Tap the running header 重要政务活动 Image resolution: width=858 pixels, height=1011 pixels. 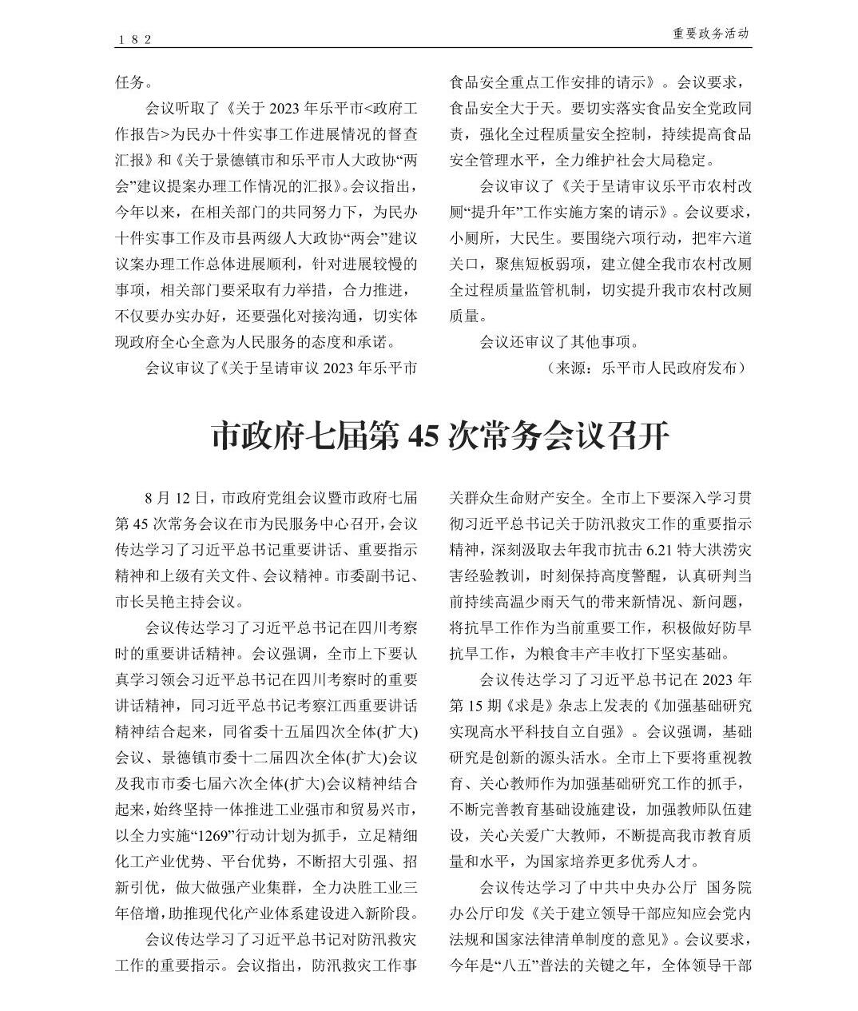pos(710,34)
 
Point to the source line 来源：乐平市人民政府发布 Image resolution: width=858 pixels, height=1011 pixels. pos(645,368)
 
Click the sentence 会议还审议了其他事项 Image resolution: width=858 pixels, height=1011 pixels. pos(558,342)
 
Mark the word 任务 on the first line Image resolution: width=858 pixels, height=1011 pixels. pos(129,82)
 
